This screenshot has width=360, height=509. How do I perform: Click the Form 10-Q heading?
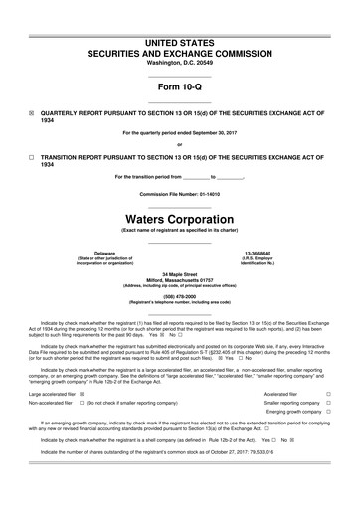click(180, 86)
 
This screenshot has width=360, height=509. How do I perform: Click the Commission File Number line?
click(180, 192)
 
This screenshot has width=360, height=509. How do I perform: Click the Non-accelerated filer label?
click(51, 403)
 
